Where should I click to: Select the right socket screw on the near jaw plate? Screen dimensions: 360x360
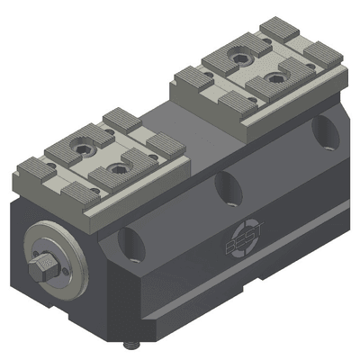pyautogui.click(x=114, y=167)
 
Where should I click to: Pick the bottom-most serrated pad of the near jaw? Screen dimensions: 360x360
pyautogui.click(x=83, y=195)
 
